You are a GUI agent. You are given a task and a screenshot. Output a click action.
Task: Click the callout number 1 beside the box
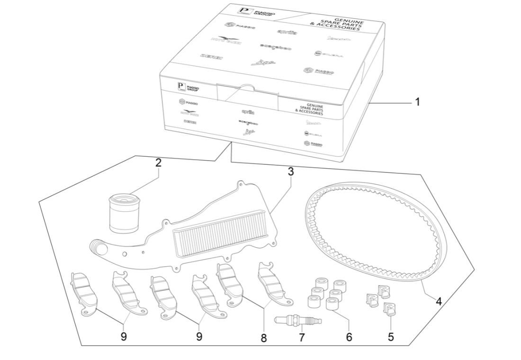click(x=417, y=102)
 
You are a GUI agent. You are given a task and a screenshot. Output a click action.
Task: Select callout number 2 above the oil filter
click(x=158, y=163)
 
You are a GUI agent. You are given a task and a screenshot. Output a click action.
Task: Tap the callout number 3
click(x=291, y=172)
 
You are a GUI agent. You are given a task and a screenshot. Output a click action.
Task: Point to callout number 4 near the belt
click(x=439, y=301)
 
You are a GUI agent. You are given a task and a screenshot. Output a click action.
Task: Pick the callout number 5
click(x=391, y=337)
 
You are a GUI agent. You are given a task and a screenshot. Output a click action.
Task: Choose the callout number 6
click(x=349, y=337)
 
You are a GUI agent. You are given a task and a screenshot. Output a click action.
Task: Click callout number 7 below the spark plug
click(x=302, y=338)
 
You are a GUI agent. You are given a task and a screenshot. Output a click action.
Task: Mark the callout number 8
click(x=264, y=338)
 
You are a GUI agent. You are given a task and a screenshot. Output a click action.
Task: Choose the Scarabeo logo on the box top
click(x=275, y=47)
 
